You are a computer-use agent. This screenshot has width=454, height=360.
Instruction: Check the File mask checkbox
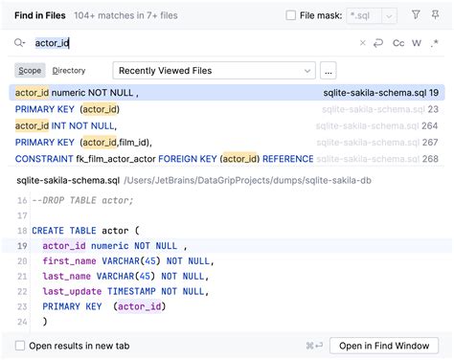[291, 15]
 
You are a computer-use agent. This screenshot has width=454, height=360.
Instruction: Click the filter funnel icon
[416, 15]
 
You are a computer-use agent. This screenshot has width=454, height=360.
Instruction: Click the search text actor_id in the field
[52, 43]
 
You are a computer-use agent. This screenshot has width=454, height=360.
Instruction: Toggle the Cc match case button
[398, 43]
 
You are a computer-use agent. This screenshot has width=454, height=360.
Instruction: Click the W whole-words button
[417, 43]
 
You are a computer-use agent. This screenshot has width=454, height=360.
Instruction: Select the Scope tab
[30, 71]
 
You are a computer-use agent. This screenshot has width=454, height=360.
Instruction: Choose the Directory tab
[69, 71]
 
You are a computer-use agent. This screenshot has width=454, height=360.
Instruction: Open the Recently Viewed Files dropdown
[214, 71]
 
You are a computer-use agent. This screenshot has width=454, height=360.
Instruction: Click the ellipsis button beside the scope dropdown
[328, 71]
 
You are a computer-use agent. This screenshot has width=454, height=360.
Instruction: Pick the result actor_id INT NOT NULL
[66, 125]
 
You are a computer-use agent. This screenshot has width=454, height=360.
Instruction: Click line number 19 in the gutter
[21, 246]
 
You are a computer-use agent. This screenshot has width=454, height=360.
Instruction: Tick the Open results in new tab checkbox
[20, 346]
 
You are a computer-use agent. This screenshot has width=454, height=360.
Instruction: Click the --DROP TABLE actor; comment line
[82, 200]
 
